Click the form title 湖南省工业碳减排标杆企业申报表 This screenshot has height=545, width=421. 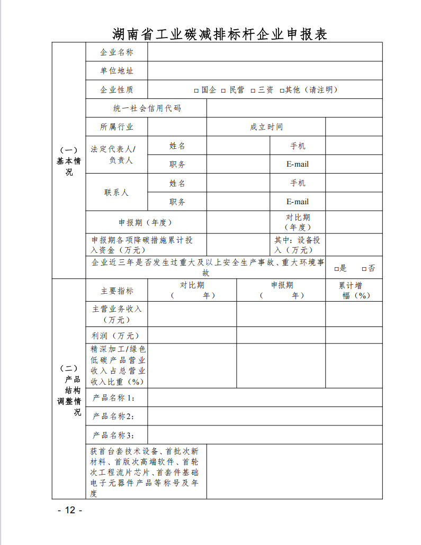(220, 33)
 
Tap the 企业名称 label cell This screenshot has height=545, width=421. (117, 52)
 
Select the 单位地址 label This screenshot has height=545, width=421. (117, 71)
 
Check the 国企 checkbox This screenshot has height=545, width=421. (196, 90)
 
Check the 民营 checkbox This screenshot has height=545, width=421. (224, 90)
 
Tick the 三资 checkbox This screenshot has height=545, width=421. (253, 90)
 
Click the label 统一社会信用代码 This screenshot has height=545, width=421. (147, 108)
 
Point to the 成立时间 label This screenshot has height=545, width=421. (266, 127)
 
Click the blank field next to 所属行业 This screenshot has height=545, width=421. (177, 127)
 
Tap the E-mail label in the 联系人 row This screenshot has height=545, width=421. (297, 202)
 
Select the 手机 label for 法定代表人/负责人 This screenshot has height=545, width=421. (297, 146)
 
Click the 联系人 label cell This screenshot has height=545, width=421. (117, 193)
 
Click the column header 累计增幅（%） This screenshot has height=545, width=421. (354, 290)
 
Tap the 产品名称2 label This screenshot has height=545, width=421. (113, 416)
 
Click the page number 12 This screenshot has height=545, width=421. (70, 510)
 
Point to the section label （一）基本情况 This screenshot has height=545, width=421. (69, 161)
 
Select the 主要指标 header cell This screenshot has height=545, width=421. (117, 291)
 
